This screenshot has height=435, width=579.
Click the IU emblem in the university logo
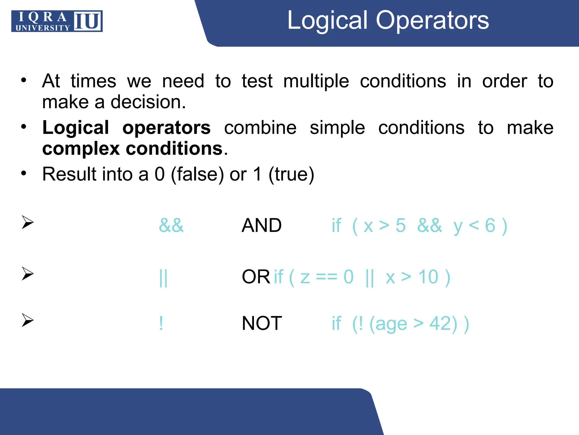tap(88, 21)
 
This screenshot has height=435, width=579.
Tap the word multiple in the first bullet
tap(316, 82)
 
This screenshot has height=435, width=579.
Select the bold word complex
tap(81, 149)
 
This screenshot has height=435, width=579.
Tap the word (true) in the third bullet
tap(291, 174)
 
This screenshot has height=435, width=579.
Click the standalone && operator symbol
tap(171, 225)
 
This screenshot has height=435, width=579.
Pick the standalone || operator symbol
tap(163, 278)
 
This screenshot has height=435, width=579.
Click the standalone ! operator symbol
tap(161, 323)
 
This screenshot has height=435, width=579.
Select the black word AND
tap(262, 225)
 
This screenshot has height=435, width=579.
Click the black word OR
tap(256, 277)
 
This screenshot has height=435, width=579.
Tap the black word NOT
tap(262, 323)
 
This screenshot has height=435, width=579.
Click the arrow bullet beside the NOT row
tap(27, 320)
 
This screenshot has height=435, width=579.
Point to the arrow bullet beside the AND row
tap(27, 222)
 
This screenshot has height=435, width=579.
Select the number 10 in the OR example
tap(428, 277)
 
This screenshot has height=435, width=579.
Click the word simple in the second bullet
tap(337, 128)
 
